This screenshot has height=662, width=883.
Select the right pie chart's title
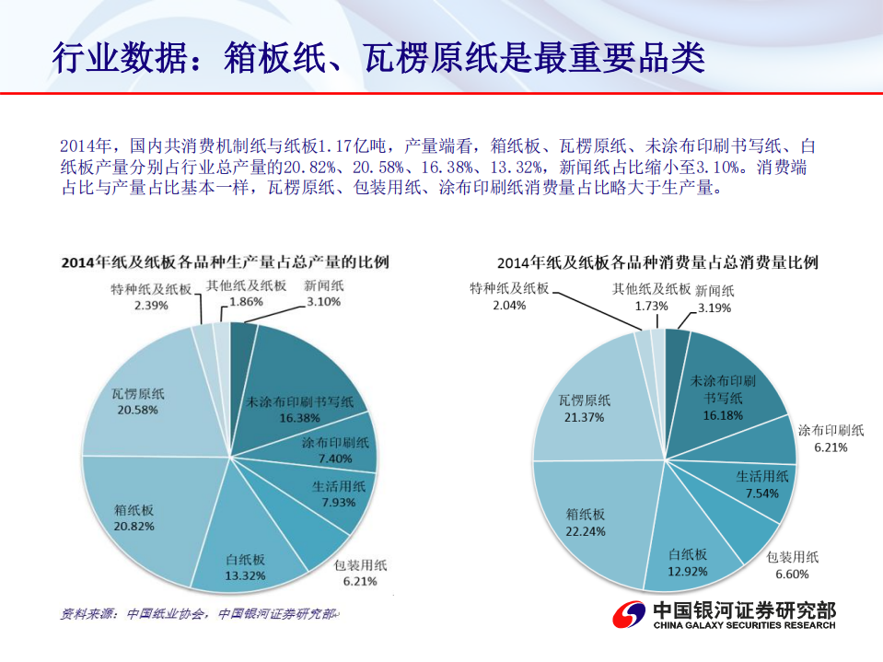(x=657, y=262)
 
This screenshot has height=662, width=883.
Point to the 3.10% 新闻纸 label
(x=324, y=294)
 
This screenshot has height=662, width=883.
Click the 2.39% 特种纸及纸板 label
(x=150, y=296)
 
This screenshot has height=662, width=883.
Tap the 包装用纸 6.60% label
(x=792, y=565)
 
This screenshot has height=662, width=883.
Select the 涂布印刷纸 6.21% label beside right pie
(x=831, y=438)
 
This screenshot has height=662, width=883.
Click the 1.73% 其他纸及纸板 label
(x=651, y=296)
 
